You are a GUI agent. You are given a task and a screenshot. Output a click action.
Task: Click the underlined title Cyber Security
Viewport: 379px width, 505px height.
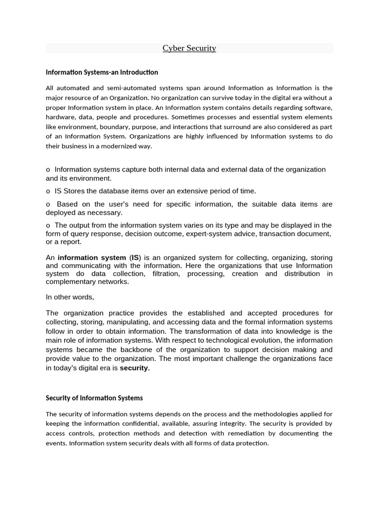[x=189, y=48]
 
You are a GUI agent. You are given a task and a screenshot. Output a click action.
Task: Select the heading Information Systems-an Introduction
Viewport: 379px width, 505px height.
[x=102, y=72]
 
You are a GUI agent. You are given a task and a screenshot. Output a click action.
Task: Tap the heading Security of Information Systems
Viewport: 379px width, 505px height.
[x=94, y=398]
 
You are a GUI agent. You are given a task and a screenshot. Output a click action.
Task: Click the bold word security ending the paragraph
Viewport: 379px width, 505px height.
[x=135, y=368]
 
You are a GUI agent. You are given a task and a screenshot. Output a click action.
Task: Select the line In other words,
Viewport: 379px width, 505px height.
[x=70, y=297]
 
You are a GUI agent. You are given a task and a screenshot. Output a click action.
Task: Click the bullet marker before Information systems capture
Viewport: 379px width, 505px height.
[x=48, y=170]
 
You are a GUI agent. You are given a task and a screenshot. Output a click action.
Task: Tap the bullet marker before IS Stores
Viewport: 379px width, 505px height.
[x=48, y=191]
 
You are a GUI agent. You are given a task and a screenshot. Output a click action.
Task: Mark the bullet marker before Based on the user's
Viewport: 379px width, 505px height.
[x=48, y=204]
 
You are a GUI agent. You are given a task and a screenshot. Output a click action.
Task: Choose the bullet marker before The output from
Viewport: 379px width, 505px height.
[x=48, y=225]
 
